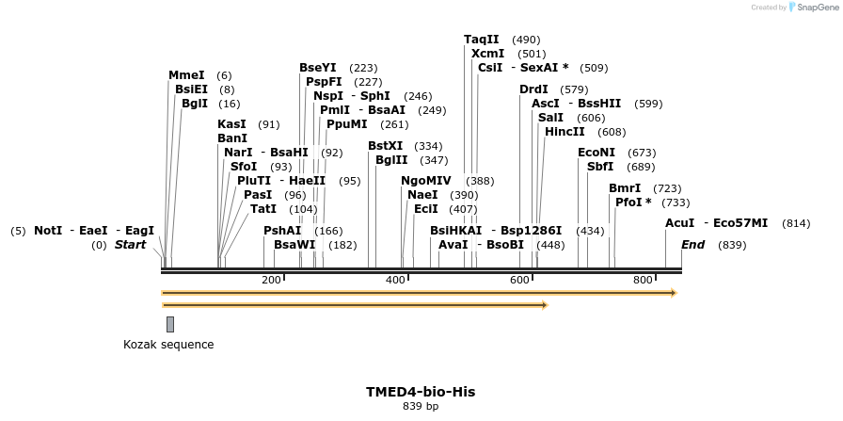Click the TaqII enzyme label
pos(481,40)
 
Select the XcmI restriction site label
pos(488,54)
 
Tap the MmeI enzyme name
pos(186,75)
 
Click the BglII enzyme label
pos(391,160)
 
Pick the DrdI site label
pos(533,89)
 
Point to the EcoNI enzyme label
pos(596,153)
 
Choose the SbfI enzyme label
pos(600,167)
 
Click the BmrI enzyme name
pos(625,188)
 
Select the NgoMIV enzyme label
pos(426,181)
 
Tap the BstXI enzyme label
pos(385,146)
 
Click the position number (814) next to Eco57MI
pos(795,223)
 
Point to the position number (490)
pos(526,40)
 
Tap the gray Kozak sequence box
pos(170,324)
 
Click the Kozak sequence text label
pos(168,345)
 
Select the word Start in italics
pos(131,245)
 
